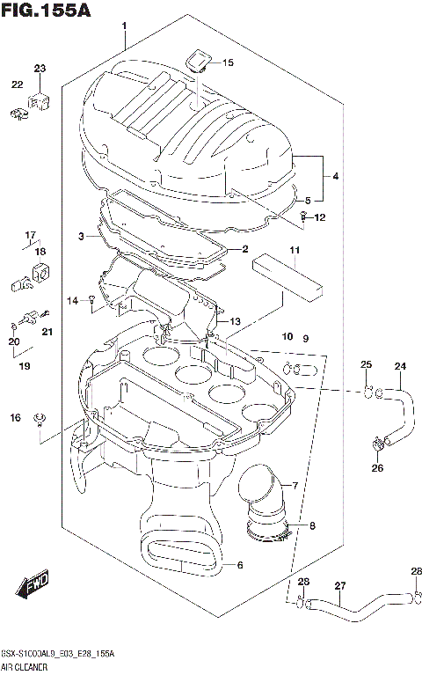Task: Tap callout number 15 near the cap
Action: [x=228, y=62]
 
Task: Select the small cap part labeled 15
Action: [x=197, y=61]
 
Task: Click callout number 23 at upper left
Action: [x=40, y=69]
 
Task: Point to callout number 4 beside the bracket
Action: [x=336, y=176]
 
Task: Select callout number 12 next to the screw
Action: [x=320, y=217]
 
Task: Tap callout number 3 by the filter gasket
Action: [x=82, y=237]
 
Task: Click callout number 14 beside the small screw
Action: [x=74, y=301]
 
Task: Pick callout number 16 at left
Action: [x=16, y=416]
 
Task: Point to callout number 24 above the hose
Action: [x=400, y=366]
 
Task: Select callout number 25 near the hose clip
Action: [x=366, y=365]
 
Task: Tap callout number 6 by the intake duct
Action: [x=240, y=566]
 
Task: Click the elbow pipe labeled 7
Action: [x=266, y=495]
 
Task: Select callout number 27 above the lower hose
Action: [x=339, y=586]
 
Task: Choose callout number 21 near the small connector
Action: [x=47, y=331]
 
